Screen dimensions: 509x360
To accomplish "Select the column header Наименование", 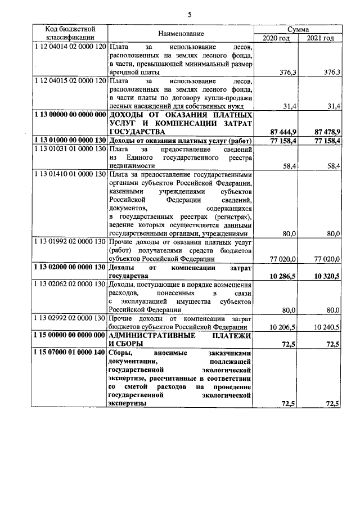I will pos(181,34).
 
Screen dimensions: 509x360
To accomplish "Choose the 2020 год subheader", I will pos(276,38).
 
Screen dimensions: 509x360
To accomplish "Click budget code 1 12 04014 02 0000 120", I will pos(70,47).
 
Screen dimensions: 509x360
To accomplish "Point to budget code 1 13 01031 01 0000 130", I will pos(70,148).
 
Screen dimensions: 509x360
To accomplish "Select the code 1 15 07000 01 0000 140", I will pos(70,352).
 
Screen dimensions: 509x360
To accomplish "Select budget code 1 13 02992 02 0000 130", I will pos(70,318).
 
